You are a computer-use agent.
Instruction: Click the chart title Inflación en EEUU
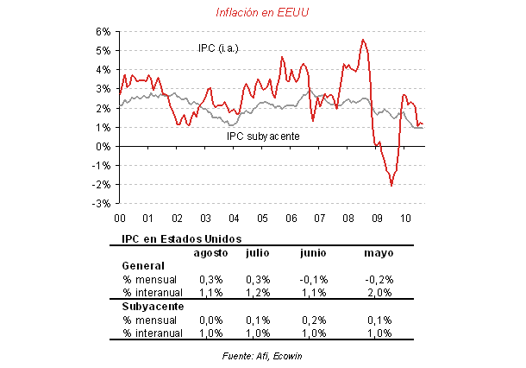[264, 11]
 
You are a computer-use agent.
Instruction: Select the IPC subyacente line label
[262, 136]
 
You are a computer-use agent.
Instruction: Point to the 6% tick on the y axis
[102, 31]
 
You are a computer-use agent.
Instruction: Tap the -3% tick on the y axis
[101, 204]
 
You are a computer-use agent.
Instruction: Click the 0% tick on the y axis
[102, 146]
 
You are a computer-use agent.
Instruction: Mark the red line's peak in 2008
[362, 39]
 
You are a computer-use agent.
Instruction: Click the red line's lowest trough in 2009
[391, 185]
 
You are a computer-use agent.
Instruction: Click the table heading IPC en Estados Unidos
[170, 238]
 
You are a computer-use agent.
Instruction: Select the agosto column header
[210, 252]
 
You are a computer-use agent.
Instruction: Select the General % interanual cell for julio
[259, 293]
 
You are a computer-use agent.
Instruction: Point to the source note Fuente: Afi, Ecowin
[264, 355]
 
